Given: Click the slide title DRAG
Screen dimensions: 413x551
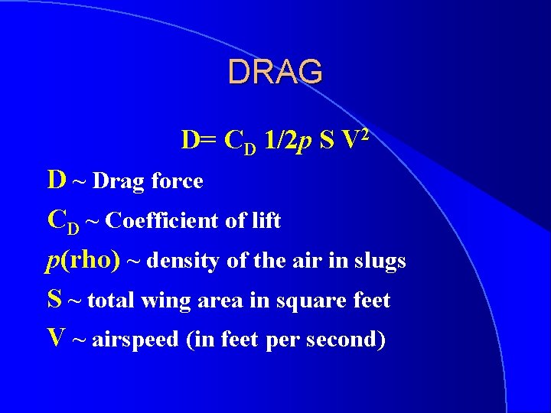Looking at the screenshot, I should click(x=275, y=72).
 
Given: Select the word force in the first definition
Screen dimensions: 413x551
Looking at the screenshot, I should click(x=177, y=182).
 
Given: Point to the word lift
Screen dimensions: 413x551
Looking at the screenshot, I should click(x=264, y=222).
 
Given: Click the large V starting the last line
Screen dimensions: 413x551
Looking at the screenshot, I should click(x=56, y=339).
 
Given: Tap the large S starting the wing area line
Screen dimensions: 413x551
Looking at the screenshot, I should click(x=54, y=299).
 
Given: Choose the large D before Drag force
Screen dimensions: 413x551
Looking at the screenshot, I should click(x=56, y=180).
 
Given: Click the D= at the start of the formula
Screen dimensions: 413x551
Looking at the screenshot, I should click(x=201, y=141).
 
